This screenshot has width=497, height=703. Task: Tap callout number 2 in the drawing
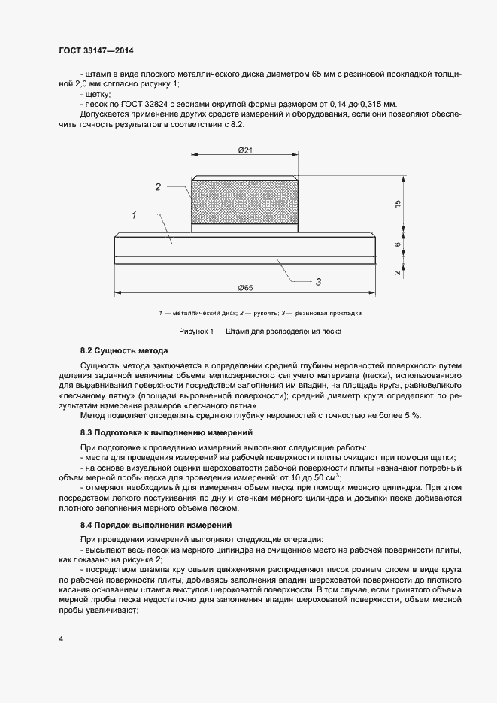click(158, 187)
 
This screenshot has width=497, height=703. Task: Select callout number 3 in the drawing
click(318, 281)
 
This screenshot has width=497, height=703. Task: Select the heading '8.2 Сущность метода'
click(124, 351)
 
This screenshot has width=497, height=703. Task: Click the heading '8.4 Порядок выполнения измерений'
click(156, 524)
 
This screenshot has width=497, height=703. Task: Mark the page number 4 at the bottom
click(60, 639)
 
